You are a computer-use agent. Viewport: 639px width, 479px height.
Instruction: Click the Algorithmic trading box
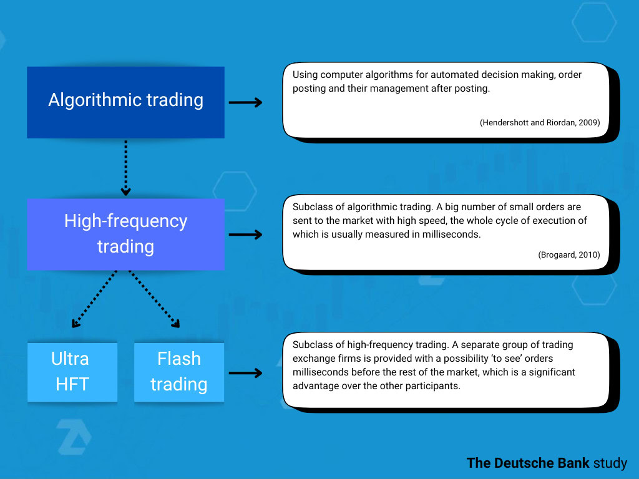tap(125, 102)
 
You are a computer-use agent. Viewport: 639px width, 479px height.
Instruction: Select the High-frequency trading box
tap(125, 234)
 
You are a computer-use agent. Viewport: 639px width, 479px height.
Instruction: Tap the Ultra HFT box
tap(72, 372)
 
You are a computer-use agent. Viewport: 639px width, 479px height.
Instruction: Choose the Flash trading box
tap(178, 372)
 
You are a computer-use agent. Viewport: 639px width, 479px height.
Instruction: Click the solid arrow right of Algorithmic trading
tap(245, 102)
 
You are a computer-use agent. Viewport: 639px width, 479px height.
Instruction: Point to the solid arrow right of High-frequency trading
tap(245, 235)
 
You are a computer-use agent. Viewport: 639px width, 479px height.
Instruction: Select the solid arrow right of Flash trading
tap(245, 373)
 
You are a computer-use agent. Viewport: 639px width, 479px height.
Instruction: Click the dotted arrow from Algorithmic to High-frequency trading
tap(125, 167)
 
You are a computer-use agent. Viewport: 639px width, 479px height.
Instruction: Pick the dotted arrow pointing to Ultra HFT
tap(95, 298)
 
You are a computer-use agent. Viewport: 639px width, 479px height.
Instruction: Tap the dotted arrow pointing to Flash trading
tap(154, 298)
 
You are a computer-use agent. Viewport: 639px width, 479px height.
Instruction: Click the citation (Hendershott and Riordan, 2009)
tap(540, 123)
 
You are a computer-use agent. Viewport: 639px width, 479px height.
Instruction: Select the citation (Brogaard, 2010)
tap(568, 254)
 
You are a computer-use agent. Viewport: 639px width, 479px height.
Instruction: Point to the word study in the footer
tap(610, 463)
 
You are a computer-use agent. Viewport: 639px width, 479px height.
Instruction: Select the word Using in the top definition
tap(305, 75)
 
